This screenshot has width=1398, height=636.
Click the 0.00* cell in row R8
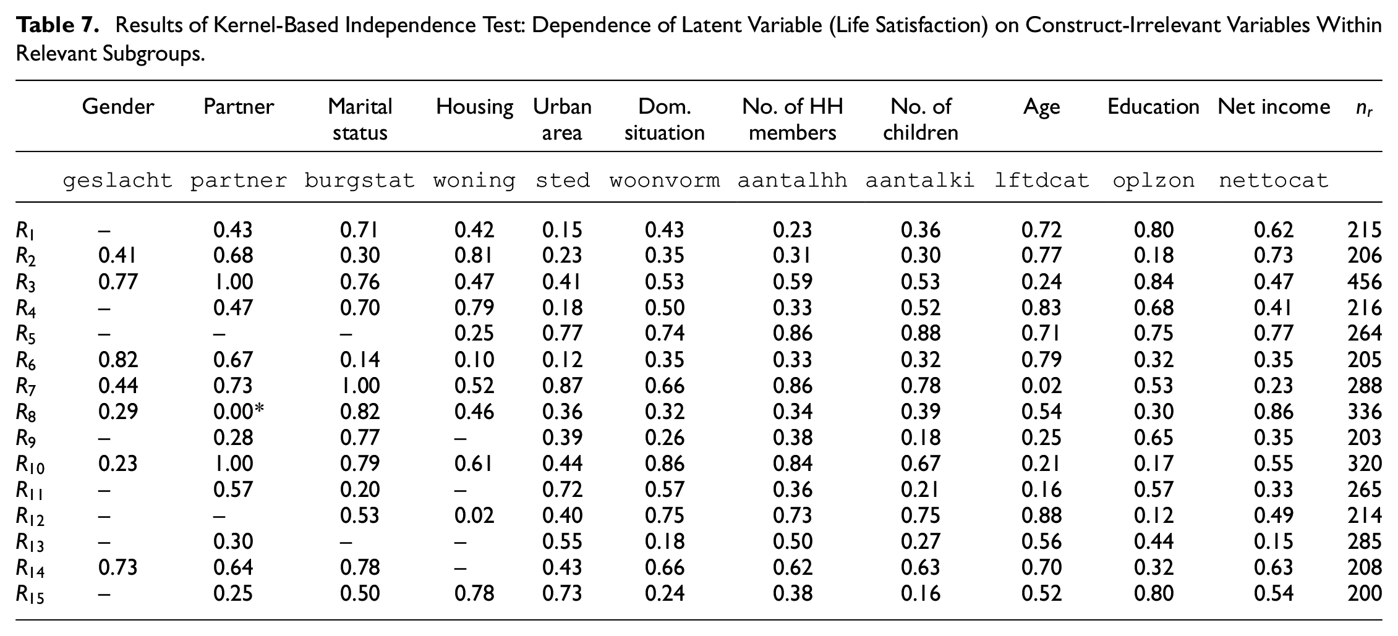tap(239, 412)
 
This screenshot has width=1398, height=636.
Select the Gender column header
tap(118, 107)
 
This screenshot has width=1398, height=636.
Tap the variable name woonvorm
tap(665, 180)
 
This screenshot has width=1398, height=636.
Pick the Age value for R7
tap(1041, 386)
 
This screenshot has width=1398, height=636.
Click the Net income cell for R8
tap(1274, 412)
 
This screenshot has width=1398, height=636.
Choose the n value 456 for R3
tap(1364, 282)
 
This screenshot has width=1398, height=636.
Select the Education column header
tap(1153, 107)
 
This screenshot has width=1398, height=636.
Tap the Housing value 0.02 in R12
tap(474, 515)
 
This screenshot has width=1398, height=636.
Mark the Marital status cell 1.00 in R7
tap(360, 386)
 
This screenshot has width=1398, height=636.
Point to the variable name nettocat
tap(1274, 180)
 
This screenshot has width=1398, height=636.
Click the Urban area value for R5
tap(562, 334)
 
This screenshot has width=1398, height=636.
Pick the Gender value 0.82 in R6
tap(118, 360)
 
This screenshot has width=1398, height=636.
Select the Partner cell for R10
tap(233, 464)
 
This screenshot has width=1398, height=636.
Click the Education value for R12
tap(1153, 515)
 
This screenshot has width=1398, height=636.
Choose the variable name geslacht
tap(118, 180)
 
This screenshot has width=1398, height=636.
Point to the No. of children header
tap(921, 120)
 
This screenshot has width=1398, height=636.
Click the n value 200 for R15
tap(1364, 593)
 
